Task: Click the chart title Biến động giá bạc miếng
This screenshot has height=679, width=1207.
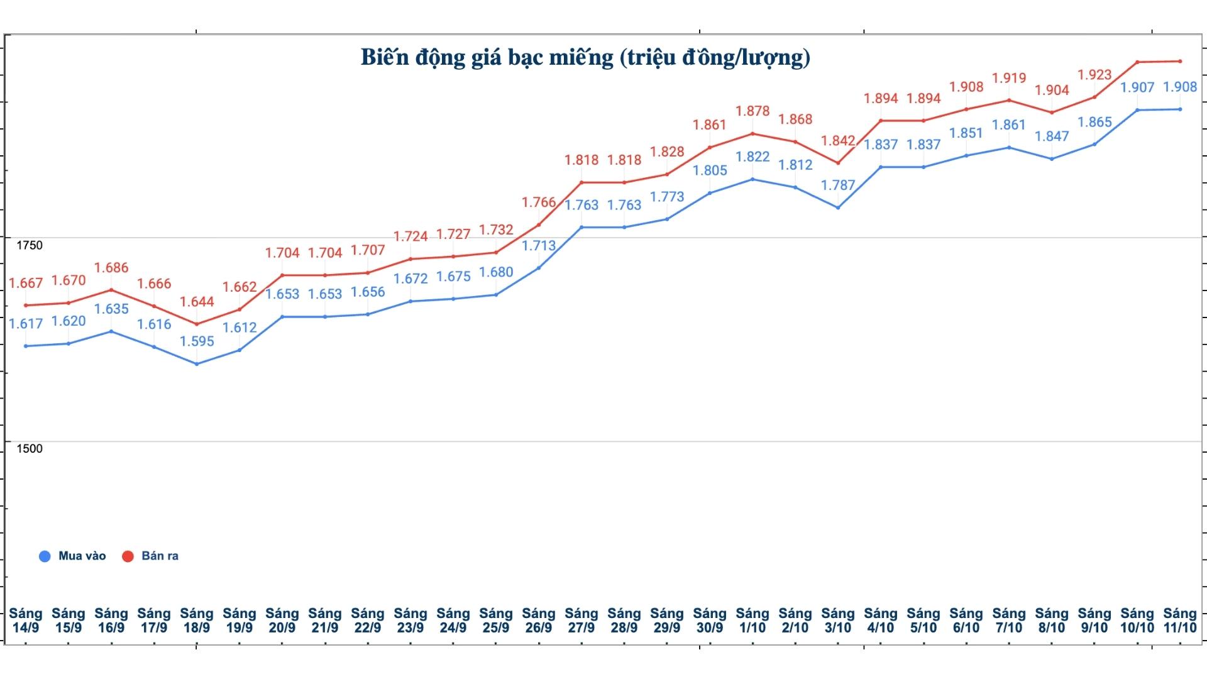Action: pos(585,57)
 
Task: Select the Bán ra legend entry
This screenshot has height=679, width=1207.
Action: pos(151,556)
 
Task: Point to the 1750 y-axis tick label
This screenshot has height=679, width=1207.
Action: pos(30,245)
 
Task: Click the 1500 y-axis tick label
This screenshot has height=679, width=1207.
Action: pos(30,448)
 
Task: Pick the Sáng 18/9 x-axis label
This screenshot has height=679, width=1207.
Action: pos(197,621)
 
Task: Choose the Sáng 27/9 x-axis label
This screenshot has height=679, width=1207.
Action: pos(581,621)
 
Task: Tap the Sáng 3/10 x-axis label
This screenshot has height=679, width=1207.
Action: pos(838,621)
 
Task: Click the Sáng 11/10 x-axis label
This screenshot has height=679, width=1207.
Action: pos(1180,621)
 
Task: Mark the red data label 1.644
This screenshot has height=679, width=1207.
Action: pos(197,302)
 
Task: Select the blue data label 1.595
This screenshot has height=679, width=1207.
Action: pos(197,341)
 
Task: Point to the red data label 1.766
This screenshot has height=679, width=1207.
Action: pos(539,202)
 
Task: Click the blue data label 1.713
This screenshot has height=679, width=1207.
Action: pos(539,246)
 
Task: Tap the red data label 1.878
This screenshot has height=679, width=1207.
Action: pos(752,111)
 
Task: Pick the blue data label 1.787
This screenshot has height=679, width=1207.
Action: pos(838,185)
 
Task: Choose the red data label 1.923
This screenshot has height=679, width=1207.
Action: pos(1094,75)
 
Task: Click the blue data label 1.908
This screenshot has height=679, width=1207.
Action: pos(1180,87)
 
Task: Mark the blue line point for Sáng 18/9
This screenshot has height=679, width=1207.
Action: pos(197,364)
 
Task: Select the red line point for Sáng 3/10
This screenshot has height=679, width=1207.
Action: pos(838,163)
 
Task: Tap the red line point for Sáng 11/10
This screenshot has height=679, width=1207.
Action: pos(1180,61)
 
